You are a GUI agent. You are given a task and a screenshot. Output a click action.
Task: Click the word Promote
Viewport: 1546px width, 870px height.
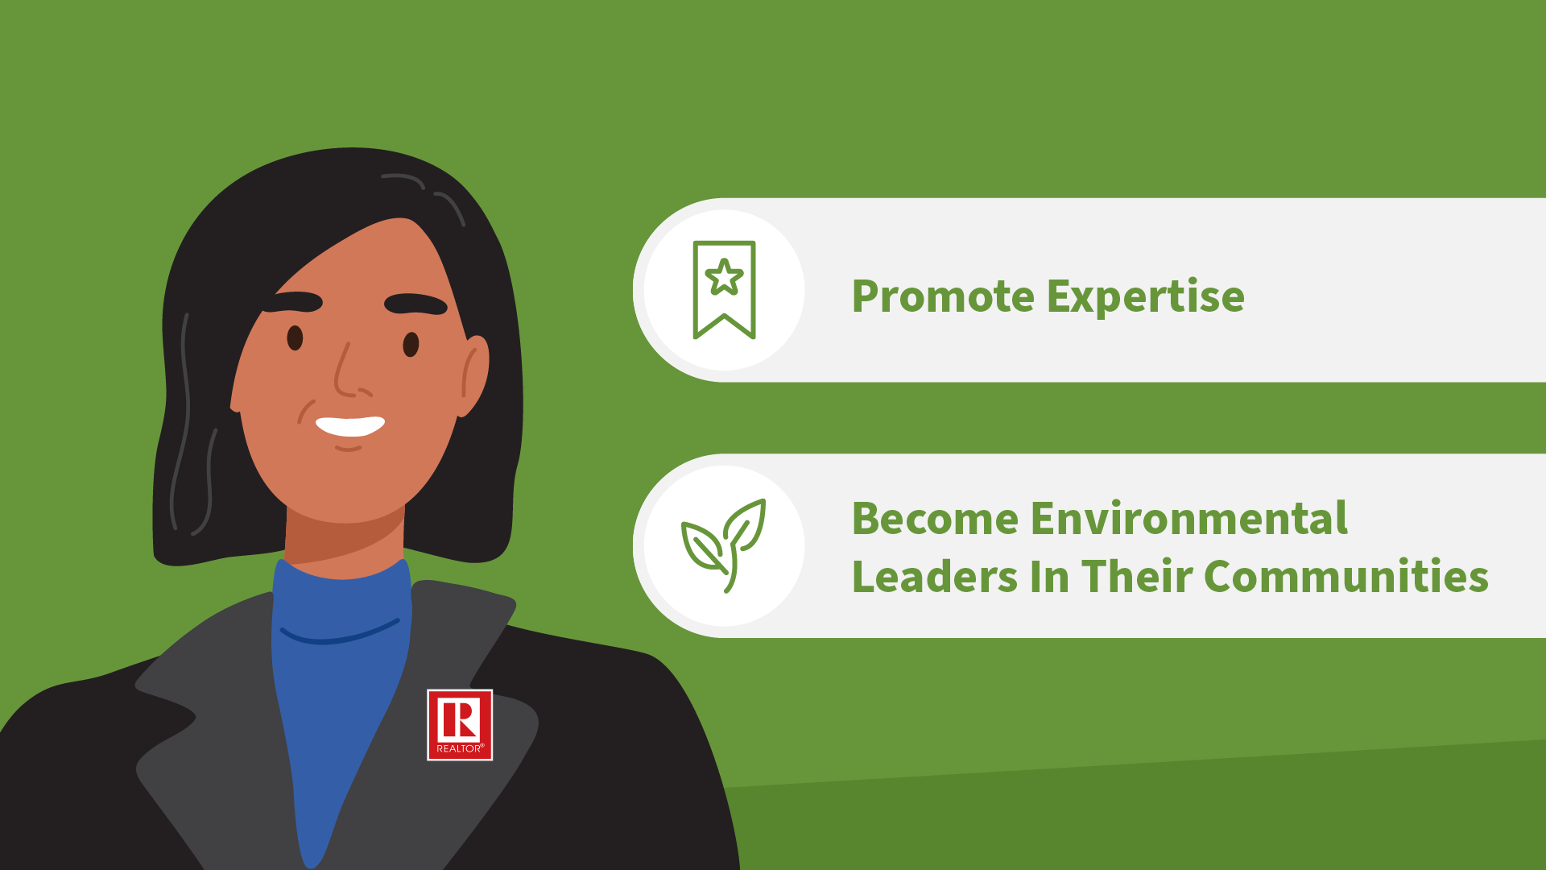pos(943,296)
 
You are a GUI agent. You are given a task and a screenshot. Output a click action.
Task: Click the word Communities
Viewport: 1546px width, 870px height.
pos(1346,576)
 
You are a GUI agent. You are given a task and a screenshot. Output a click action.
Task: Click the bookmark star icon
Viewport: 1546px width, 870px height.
pos(724,290)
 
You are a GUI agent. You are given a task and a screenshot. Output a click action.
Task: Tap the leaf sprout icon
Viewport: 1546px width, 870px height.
pos(724,545)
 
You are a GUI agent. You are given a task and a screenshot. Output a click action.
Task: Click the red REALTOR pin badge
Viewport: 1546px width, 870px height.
pos(460,725)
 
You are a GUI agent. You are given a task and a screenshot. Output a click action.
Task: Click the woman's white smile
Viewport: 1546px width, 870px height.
pos(350,426)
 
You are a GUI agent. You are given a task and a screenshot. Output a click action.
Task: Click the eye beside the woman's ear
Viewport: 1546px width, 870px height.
pos(411,344)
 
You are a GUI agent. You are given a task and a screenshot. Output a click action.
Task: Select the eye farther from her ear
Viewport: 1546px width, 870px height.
pos(295,338)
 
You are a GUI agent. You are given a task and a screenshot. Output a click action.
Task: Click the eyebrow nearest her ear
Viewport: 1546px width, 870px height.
pos(415,304)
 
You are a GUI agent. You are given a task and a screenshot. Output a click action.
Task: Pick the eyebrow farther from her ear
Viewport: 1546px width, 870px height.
pos(293,302)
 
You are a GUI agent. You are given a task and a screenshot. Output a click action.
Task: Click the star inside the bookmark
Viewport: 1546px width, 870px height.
pos(724,277)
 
